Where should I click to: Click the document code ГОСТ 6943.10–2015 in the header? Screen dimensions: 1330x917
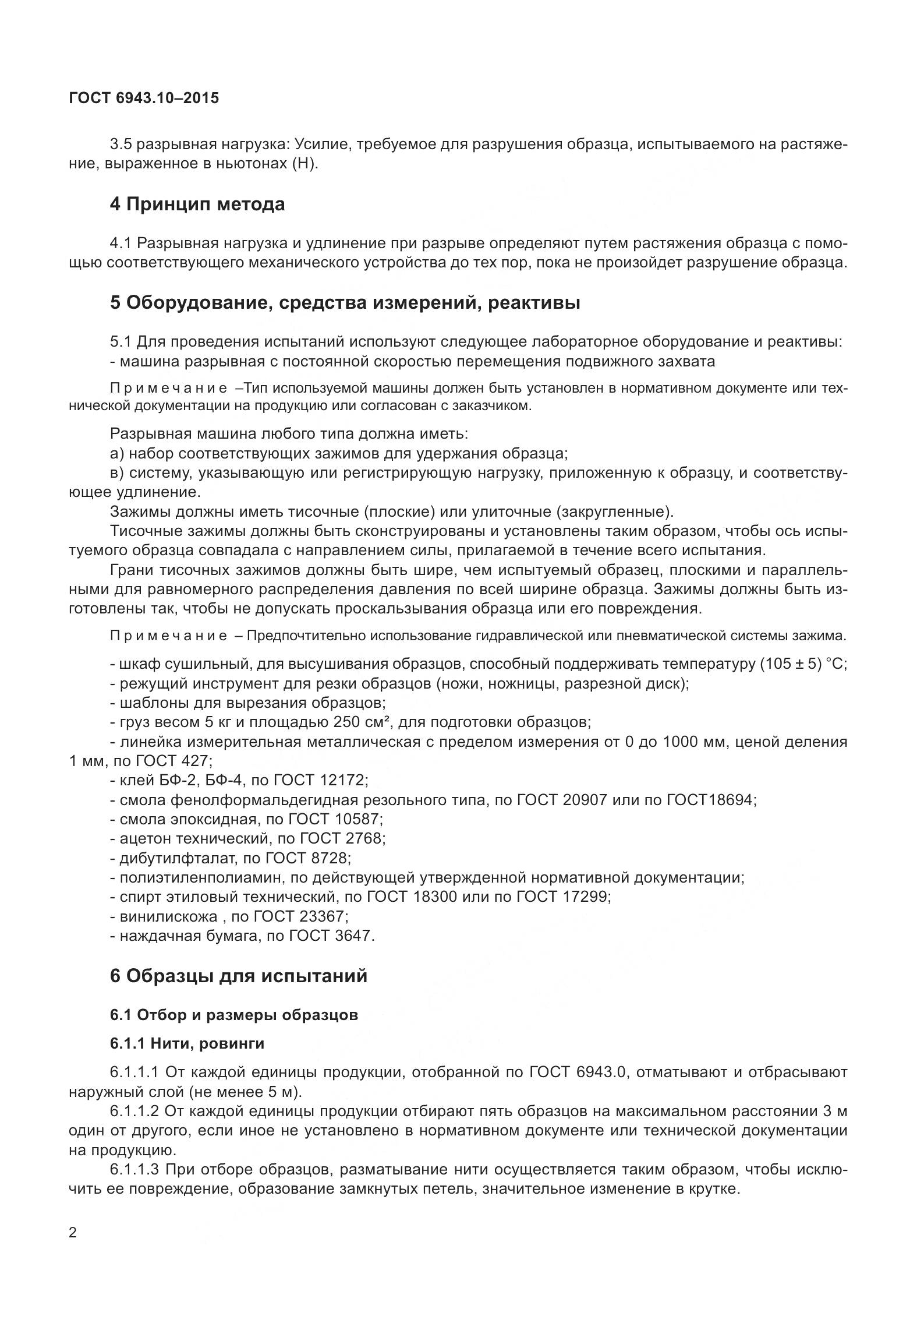click(x=144, y=98)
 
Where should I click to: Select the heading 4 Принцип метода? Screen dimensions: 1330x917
click(x=197, y=204)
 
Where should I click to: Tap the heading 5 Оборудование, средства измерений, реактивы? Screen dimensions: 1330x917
click(x=345, y=303)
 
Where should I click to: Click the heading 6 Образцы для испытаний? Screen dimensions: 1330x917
click(x=239, y=976)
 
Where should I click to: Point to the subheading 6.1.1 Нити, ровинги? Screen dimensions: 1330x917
click(x=187, y=1043)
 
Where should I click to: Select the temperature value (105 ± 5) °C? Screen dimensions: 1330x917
click(x=803, y=665)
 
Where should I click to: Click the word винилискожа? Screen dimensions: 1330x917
click(x=168, y=916)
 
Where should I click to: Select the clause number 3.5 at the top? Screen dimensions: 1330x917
click(x=121, y=144)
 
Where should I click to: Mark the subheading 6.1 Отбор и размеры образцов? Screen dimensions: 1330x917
click(x=234, y=1015)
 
